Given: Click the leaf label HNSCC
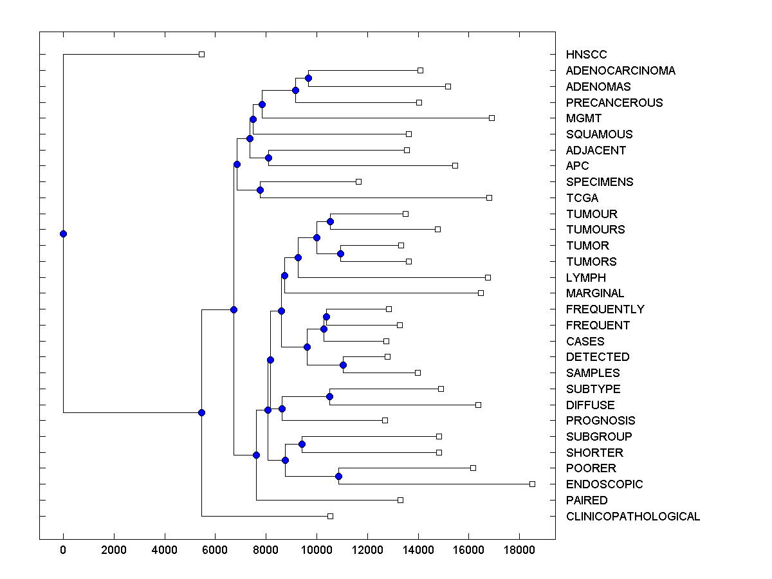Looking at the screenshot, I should pos(586,55).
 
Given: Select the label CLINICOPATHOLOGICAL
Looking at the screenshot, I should pos(632,516).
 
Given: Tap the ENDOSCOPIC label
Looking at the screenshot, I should pos(604,484).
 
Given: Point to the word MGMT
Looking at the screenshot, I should pos(584,118).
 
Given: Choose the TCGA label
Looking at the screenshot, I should pos(582,198).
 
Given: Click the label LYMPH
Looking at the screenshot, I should pos(585,278).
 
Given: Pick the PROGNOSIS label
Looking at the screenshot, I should pos(600,421).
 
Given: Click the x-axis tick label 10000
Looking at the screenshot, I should pos(317,550).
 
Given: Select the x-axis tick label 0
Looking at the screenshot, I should pos(63,550).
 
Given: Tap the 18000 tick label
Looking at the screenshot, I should pos(519,550).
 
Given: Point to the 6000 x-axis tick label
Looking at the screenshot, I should pos(215,550).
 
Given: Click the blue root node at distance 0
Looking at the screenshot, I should pos(63,234).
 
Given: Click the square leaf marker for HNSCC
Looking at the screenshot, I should pos(201,55).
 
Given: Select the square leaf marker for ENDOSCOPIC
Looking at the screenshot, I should pos(532,484).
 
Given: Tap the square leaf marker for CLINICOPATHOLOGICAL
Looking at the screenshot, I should pos(330,516).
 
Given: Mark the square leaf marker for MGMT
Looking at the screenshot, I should pos(492,118).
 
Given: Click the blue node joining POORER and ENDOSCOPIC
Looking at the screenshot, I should pos(338,476).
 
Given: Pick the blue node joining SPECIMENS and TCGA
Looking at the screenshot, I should pos(260,190).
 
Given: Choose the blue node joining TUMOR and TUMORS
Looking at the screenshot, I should pos(340,253).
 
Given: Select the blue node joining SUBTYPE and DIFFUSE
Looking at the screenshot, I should pos(329,396).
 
